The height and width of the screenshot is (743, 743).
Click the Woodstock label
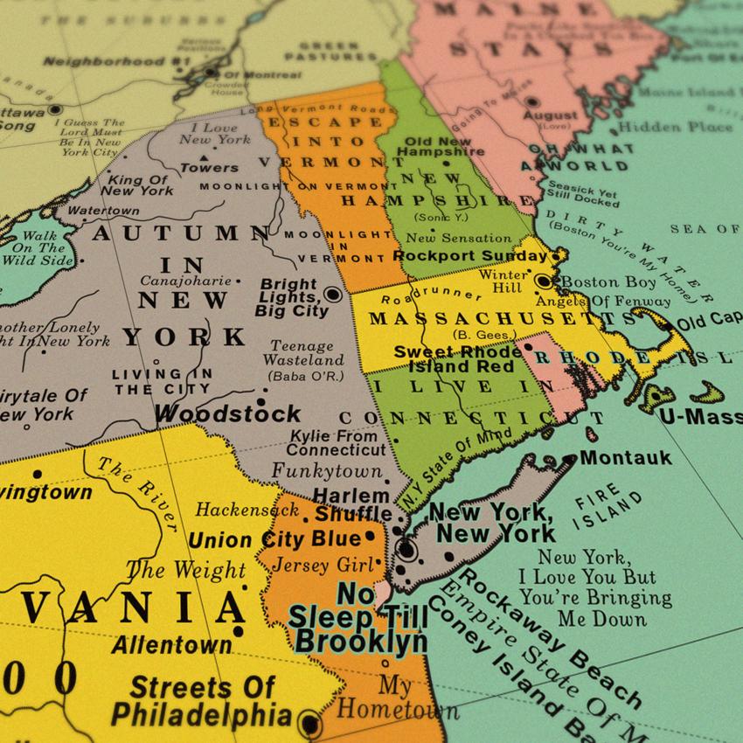tap(228, 413)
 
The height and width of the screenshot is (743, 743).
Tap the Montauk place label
tap(626, 457)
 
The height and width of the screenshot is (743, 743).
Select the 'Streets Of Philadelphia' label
tap(201, 701)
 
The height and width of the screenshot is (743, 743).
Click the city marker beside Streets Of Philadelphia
tap(308, 722)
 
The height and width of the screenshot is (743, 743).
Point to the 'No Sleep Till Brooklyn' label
tap(359, 617)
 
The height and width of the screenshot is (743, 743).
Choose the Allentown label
tap(171, 646)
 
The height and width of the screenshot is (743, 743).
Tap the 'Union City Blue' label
tap(274, 538)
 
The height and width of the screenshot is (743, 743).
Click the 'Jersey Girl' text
tap(314, 565)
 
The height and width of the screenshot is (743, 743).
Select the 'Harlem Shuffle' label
tap(352, 504)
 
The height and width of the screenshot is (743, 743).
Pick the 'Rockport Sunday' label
tap(470, 256)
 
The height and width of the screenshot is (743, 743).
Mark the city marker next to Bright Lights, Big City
tap(333, 294)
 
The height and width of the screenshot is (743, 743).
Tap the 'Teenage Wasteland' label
tap(303, 353)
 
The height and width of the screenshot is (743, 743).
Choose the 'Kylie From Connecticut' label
tap(336, 443)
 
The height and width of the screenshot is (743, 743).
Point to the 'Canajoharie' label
tap(185, 281)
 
